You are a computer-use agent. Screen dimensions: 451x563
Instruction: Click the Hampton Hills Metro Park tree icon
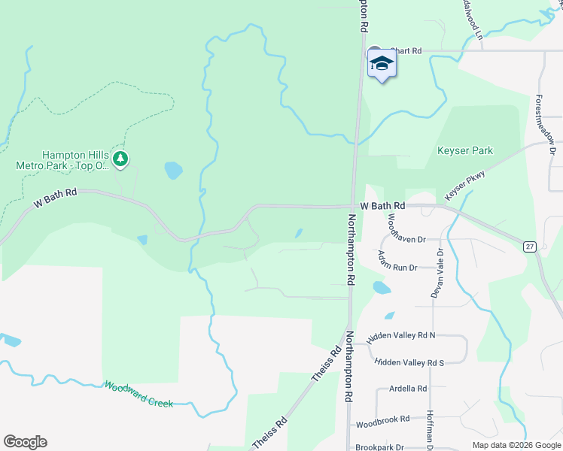(x=120, y=159)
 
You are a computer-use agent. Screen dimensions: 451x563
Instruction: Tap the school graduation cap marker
(x=382, y=64)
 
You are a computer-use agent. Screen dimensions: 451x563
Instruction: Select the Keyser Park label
(x=465, y=150)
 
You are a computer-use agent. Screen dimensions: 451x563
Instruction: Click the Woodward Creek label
(x=138, y=393)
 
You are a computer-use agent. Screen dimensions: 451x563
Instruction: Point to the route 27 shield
(x=531, y=246)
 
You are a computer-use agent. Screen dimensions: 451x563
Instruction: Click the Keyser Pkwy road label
(x=464, y=185)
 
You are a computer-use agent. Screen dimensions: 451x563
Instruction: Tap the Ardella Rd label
(x=408, y=389)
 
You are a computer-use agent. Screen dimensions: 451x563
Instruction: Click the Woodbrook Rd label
(x=383, y=419)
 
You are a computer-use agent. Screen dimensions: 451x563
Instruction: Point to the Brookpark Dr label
(x=380, y=446)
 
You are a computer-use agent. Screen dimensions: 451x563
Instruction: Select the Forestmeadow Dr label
(x=545, y=125)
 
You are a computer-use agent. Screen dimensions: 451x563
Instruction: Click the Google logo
(x=25, y=442)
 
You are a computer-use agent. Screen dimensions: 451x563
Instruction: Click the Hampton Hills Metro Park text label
(x=62, y=158)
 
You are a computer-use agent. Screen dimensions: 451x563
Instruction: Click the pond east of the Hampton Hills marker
(x=173, y=171)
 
